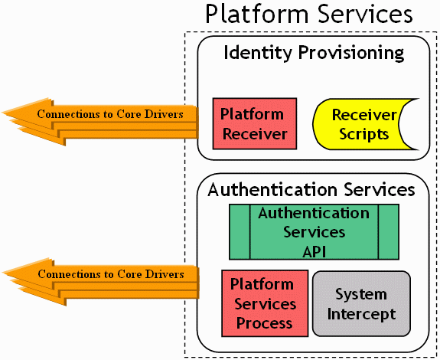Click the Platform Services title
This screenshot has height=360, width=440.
[309, 14]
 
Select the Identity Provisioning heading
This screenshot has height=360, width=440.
[314, 53]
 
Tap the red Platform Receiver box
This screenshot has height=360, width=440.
[255, 123]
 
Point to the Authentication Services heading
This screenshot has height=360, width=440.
[311, 189]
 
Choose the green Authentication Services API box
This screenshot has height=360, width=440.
[314, 232]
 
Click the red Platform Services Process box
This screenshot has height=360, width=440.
[265, 303]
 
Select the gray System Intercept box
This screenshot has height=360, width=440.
[361, 303]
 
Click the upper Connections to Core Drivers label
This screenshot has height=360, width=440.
[110, 114]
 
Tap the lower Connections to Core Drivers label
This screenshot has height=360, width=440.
[111, 274]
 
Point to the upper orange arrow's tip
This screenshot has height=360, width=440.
[2, 113]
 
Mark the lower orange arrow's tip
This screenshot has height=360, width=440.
[2, 273]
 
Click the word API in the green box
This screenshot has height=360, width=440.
[314, 252]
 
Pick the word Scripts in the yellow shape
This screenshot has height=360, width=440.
[364, 134]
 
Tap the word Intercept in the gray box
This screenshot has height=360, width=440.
[361, 314]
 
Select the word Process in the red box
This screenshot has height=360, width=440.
[264, 323]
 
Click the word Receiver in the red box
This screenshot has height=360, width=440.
[255, 134]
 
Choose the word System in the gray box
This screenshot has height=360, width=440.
[361, 295]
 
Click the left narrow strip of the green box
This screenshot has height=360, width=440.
[240, 232]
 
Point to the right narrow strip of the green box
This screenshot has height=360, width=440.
[389, 232]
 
